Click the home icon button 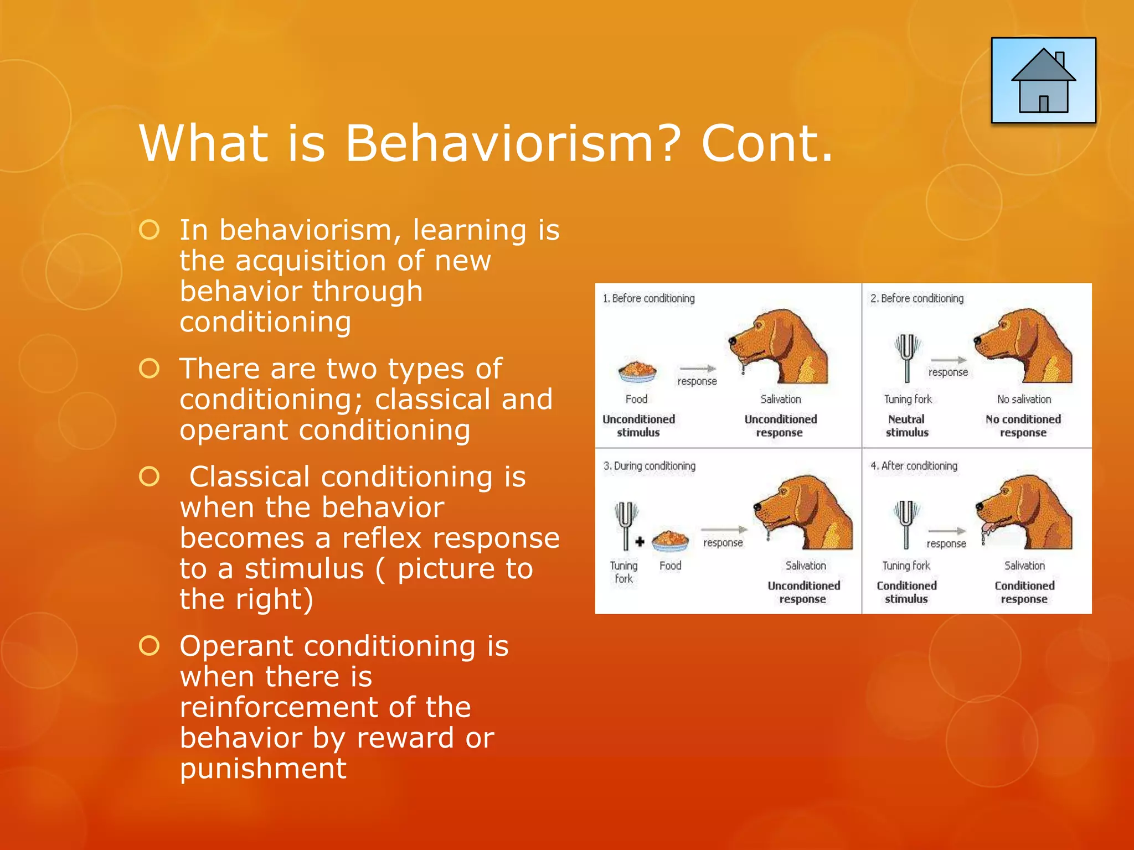(x=1043, y=80)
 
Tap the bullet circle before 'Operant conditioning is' (x=150, y=645)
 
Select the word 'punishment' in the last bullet (x=263, y=768)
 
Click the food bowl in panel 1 (x=637, y=371)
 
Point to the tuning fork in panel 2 (x=906, y=357)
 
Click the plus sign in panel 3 (x=640, y=542)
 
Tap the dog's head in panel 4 (x=1024, y=512)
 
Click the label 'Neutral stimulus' (x=906, y=426)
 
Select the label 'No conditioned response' (x=1023, y=426)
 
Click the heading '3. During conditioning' (x=649, y=466)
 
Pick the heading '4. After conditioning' (x=914, y=466)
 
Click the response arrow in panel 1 (x=698, y=369)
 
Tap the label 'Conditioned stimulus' (x=906, y=592)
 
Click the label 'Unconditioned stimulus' (x=638, y=426)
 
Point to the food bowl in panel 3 (x=670, y=541)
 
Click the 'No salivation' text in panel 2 (x=1024, y=399)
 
